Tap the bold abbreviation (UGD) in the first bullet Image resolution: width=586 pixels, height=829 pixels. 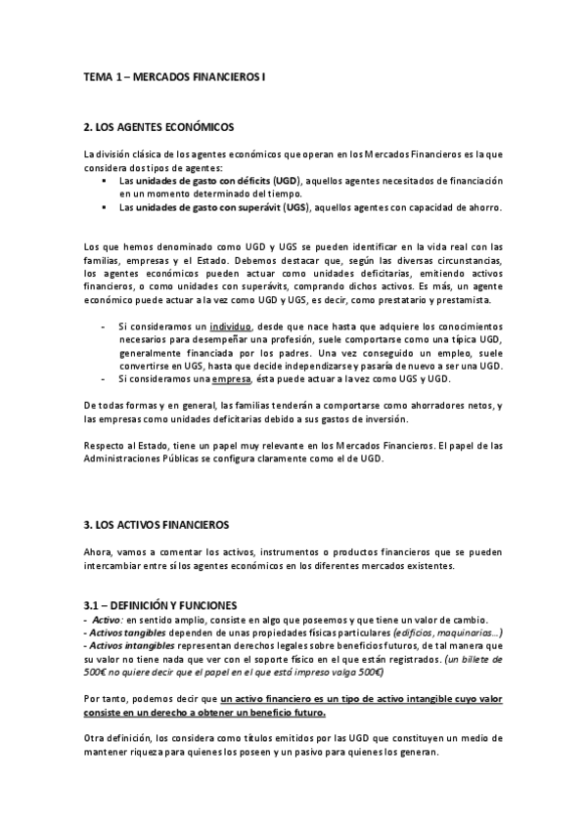(x=287, y=181)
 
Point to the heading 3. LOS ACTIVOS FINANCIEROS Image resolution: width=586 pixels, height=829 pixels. (x=156, y=525)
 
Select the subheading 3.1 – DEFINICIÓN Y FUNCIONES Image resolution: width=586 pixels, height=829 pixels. (x=160, y=606)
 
